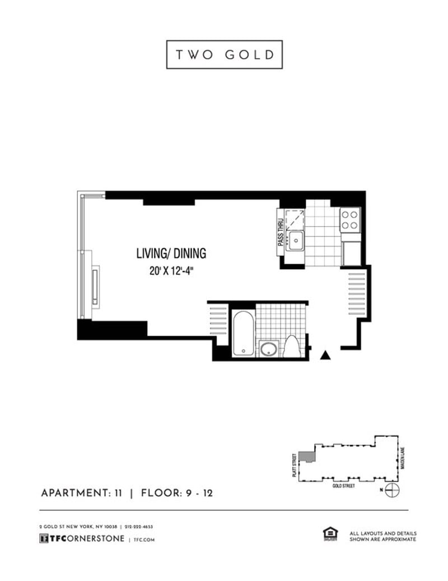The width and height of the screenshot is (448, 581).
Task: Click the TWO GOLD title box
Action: [224, 54]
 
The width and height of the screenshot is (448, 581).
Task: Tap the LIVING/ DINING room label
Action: [171, 253]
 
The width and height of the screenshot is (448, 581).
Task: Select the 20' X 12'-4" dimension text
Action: [171, 270]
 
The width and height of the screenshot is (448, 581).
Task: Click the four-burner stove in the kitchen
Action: [350, 219]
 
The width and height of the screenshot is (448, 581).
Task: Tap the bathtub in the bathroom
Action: [243, 333]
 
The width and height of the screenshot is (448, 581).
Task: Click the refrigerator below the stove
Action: [351, 252]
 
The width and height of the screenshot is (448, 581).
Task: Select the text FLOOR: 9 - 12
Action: [177, 493]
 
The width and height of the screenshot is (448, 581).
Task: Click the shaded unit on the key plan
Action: [306, 455]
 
